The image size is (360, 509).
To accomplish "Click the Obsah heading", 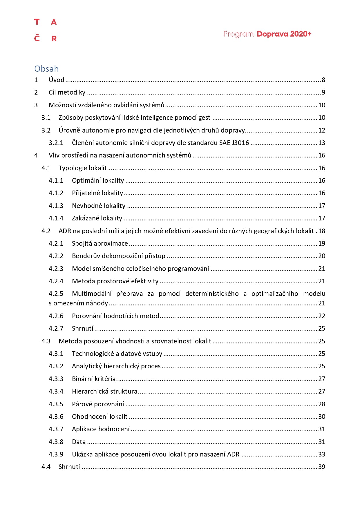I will pos(46,69).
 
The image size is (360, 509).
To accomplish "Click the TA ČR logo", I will pos(46,30).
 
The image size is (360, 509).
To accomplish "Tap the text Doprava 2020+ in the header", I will pos(284,34).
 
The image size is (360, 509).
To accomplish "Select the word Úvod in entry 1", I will pos(56,80).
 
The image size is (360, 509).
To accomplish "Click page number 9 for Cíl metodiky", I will pos(323,93).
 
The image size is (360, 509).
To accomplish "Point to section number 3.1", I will pos(46,117).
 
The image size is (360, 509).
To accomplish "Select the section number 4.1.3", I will pos(56,206).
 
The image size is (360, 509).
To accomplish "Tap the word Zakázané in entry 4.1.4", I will pos(84,218).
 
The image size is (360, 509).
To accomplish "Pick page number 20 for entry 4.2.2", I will pos(322,256).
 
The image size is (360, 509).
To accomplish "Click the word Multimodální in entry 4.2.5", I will pos(92,294).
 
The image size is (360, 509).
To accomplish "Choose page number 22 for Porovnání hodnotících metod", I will pos(322,316).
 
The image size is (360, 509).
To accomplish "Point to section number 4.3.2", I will pos(56,366).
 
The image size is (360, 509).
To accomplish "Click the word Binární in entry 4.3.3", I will pos(82,379).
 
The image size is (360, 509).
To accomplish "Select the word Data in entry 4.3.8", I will pos(79,442).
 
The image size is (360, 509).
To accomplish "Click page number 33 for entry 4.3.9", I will pos(322,454).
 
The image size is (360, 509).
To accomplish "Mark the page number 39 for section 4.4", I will pos(322,467).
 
